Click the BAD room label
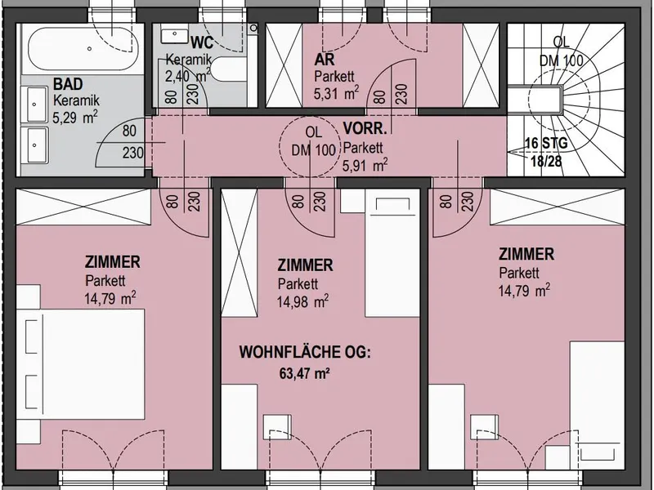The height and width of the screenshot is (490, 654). (x=68, y=84)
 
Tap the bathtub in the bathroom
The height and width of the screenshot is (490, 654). (x=83, y=49)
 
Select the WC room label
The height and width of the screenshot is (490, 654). (x=202, y=42)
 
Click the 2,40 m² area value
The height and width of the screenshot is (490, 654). (x=187, y=75)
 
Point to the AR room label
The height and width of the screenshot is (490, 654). (x=324, y=60)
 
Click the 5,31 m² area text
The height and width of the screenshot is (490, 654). (x=336, y=92)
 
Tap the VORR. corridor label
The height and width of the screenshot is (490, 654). (x=365, y=128)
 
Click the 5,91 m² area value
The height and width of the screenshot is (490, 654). (x=365, y=165)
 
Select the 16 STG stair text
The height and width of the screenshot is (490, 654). (x=546, y=143)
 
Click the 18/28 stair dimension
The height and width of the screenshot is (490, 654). (x=546, y=160)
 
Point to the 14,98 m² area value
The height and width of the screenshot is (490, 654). (x=302, y=301)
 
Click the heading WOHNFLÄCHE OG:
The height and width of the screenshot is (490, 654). (x=305, y=352)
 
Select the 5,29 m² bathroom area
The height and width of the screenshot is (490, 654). (x=75, y=117)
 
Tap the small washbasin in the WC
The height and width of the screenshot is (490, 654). (x=174, y=35)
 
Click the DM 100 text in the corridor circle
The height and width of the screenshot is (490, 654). (x=313, y=149)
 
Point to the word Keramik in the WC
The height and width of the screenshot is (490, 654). (x=189, y=60)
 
